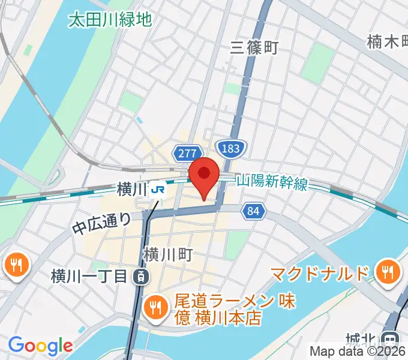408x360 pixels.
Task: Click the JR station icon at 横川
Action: [159, 190]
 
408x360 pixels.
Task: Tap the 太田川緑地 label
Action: [110, 20]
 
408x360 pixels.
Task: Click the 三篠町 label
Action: [255, 48]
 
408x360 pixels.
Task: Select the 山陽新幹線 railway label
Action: [272, 182]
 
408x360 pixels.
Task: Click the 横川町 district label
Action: [167, 256]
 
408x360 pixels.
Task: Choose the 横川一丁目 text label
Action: [89, 277]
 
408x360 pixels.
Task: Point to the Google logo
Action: [40, 346]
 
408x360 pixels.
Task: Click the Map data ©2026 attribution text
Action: [358, 352]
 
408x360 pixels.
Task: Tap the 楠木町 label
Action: [387, 42]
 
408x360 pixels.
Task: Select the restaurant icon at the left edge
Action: [15, 265]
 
